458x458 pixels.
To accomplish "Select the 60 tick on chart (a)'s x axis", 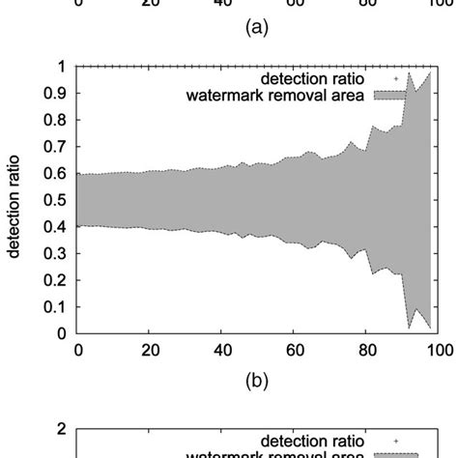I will (x=294, y=4).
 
